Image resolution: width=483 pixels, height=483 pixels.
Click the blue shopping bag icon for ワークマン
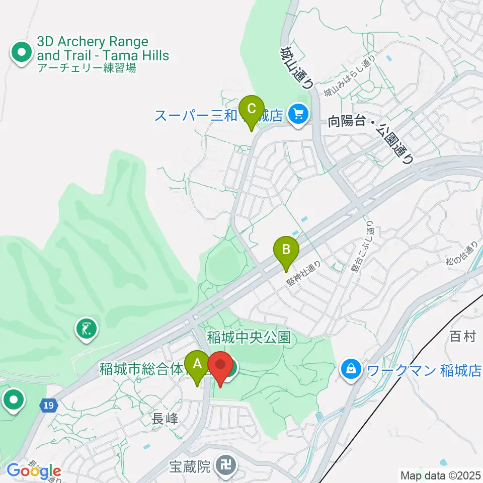350,371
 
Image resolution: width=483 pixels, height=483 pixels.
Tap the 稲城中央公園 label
249,337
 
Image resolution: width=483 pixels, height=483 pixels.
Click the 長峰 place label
166,418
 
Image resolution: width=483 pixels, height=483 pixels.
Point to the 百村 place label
462,337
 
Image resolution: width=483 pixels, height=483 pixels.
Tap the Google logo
34,471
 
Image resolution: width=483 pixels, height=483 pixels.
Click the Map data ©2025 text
440,475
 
